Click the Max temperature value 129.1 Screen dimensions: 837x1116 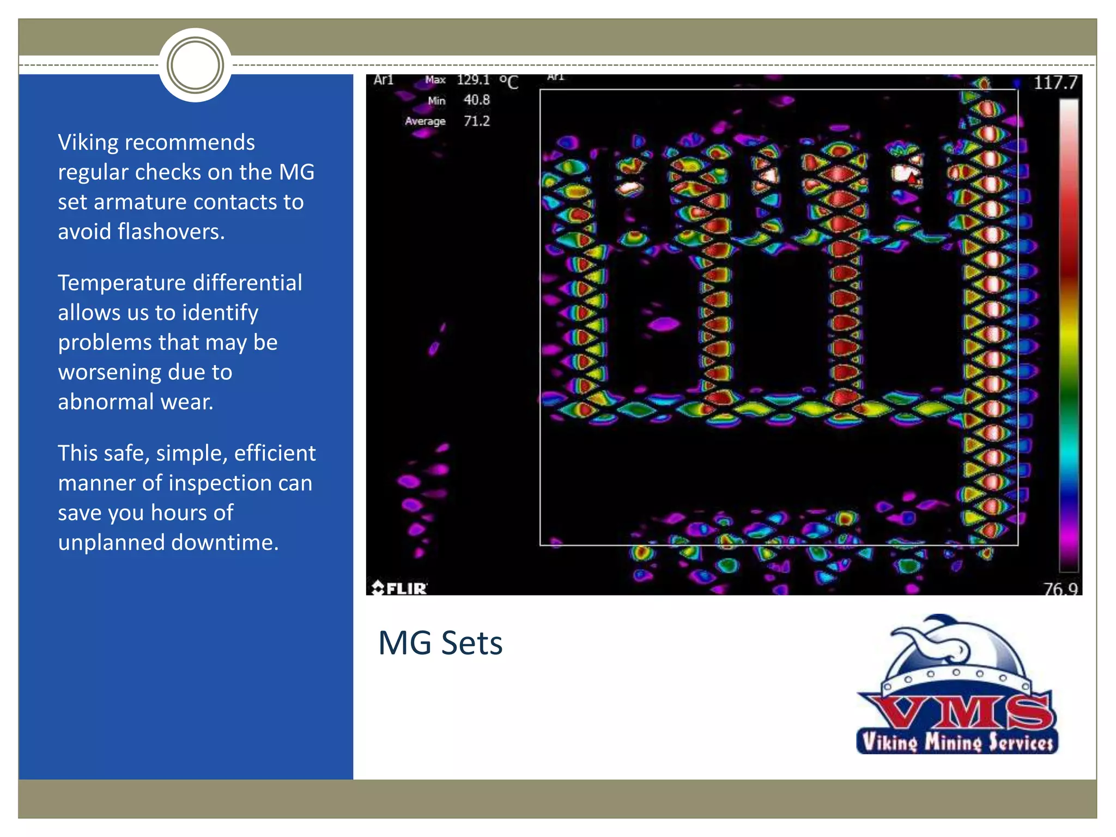[x=473, y=80]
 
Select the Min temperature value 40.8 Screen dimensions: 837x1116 [x=476, y=100]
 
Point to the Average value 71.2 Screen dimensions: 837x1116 [x=476, y=121]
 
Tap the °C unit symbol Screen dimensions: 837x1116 [x=509, y=82]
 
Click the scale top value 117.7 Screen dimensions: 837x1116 [x=1055, y=83]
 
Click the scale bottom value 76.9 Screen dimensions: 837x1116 [x=1060, y=589]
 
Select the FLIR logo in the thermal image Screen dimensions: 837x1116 [x=399, y=588]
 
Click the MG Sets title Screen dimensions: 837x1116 [x=440, y=643]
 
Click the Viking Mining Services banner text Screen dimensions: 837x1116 [x=957, y=742]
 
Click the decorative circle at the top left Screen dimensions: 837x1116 [x=195, y=65]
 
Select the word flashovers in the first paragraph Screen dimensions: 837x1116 [x=171, y=232]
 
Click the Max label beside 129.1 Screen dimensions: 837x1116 [x=435, y=80]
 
